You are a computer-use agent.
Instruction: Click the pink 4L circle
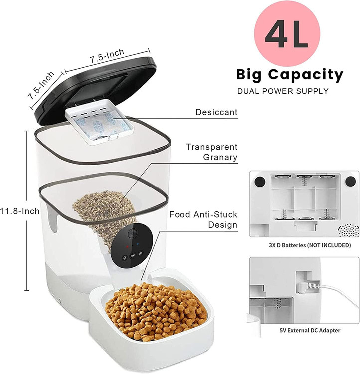[287, 33]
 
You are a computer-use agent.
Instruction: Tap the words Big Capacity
[290, 75]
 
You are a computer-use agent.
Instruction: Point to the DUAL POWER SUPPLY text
[283, 91]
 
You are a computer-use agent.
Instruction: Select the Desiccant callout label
[216, 112]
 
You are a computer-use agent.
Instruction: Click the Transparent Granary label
[211, 152]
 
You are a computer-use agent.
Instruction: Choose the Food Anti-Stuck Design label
[203, 220]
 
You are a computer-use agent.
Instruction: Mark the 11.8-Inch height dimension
[19, 211]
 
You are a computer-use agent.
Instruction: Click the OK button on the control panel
[133, 255]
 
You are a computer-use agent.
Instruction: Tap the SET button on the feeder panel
[140, 253]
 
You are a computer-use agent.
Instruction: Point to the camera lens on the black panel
[132, 233]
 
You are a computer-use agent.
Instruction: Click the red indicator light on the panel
[127, 246]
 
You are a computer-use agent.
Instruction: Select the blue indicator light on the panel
[138, 244]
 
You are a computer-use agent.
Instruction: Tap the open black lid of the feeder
[95, 89]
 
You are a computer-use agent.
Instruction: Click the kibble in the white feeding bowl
[156, 310]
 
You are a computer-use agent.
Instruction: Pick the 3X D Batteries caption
[310, 245]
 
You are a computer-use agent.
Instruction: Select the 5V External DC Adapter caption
[310, 330]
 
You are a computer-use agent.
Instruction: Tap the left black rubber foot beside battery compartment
[260, 182]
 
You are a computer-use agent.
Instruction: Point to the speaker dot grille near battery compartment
[349, 230]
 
